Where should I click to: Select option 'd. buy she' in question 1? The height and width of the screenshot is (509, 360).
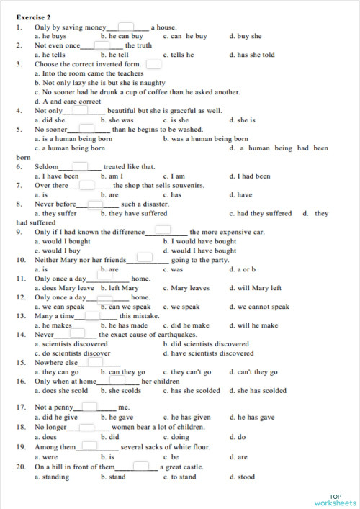[x=246, y=35]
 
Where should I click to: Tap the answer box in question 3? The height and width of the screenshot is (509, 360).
[x=153, y=64]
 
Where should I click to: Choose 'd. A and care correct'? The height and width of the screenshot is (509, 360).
[x=68, y=102]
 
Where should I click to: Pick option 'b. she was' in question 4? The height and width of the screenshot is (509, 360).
[x=117, y=120]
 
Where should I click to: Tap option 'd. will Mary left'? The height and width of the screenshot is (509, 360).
[x=256, y=288]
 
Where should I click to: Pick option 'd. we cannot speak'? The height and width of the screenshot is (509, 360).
[x=259, y=307]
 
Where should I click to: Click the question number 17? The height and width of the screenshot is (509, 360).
[x=20, y=407]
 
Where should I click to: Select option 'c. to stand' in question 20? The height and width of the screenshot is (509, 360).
[x=179, y=477]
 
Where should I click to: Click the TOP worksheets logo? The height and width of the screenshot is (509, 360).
[x=335, y=499]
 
